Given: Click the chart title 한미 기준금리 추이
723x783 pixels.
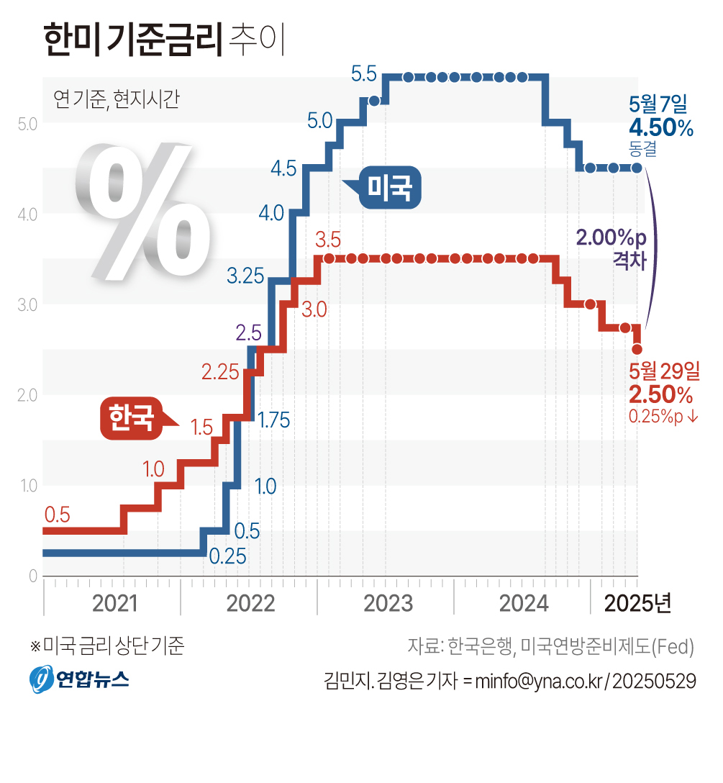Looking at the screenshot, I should coord(165,40).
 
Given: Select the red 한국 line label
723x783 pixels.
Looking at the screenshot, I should coord(131,417).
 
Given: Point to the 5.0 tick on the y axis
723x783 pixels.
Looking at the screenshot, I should coord(27,123).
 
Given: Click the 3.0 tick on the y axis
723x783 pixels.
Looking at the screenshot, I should coord(27,304).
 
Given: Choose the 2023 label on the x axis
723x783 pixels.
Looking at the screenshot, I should coord(388,603).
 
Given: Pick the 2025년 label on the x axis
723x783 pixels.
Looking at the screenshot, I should coord(637,603).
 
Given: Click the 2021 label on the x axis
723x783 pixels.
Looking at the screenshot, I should coord(116,603).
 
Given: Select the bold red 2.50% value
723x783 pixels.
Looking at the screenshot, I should coord(660,394).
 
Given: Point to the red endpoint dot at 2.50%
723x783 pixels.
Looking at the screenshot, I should coord(637,349).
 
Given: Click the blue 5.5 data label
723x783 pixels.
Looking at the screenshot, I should coord(364,73).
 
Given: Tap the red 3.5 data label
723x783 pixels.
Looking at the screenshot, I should coord(327,238).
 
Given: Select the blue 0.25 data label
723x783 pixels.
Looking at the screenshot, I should coord(227,556).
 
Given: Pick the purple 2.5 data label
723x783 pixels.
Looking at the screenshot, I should coord(248,332).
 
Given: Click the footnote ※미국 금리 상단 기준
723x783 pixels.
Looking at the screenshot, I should coord(107,646).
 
